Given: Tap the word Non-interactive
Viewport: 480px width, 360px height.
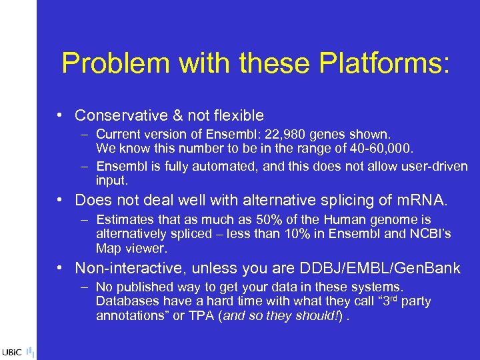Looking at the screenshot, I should [x=127, y=269].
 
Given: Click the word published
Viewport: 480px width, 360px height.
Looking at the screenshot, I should [x=140, y=287].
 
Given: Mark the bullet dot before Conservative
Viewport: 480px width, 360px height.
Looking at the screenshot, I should [x=61, y=115].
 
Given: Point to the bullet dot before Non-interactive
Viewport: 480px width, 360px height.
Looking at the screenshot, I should [x=61, y=269].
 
